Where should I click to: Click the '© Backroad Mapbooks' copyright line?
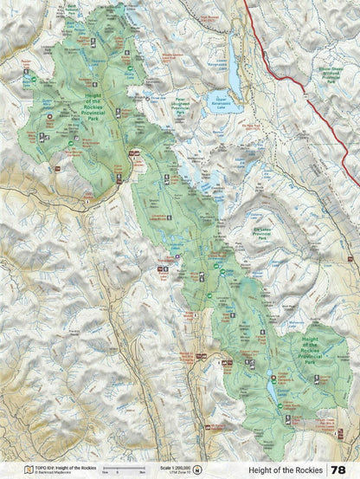57,472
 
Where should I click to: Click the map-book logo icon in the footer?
28,469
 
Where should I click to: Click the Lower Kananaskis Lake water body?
234,76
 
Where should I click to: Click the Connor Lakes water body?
272,392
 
